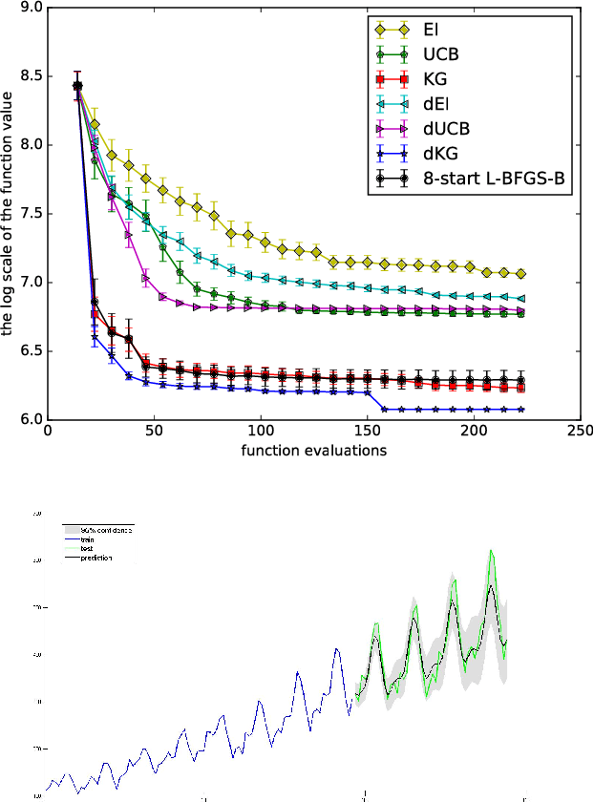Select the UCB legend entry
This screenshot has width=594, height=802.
[440, 56]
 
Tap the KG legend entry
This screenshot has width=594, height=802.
[435, 83]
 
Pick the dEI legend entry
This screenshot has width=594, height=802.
[436, 110]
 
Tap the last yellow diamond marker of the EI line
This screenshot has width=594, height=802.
[521, 273]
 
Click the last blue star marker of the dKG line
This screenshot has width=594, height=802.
[521, 409]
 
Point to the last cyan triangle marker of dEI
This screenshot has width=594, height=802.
[521, 298]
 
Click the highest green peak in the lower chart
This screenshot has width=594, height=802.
[491, 551]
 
